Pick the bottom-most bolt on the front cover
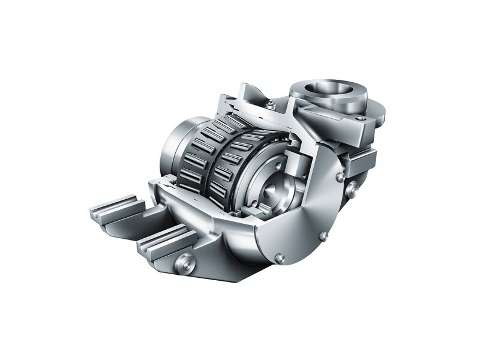(280, 257)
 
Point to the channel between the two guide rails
(141, 226)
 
